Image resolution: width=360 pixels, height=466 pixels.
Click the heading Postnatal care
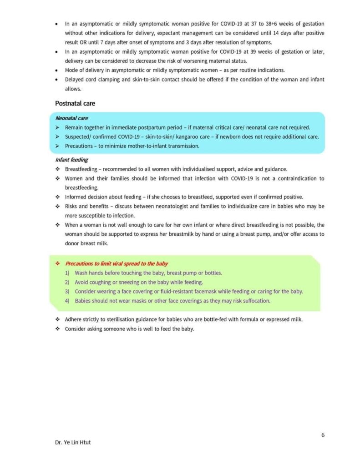(75, 103)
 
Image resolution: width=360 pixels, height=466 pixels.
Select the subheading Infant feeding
(71, 160)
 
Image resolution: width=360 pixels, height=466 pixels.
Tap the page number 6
(323, 435)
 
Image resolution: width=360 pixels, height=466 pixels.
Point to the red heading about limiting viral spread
(117, 263)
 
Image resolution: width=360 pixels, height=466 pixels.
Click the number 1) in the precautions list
(67, 273)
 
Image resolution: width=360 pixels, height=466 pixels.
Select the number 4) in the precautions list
(67, 301)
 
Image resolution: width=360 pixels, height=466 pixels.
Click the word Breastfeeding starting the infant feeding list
(81, 169)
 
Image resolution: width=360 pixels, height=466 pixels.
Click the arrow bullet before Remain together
(57, 127)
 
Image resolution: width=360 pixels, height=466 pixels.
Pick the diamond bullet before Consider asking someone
(57, 329)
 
